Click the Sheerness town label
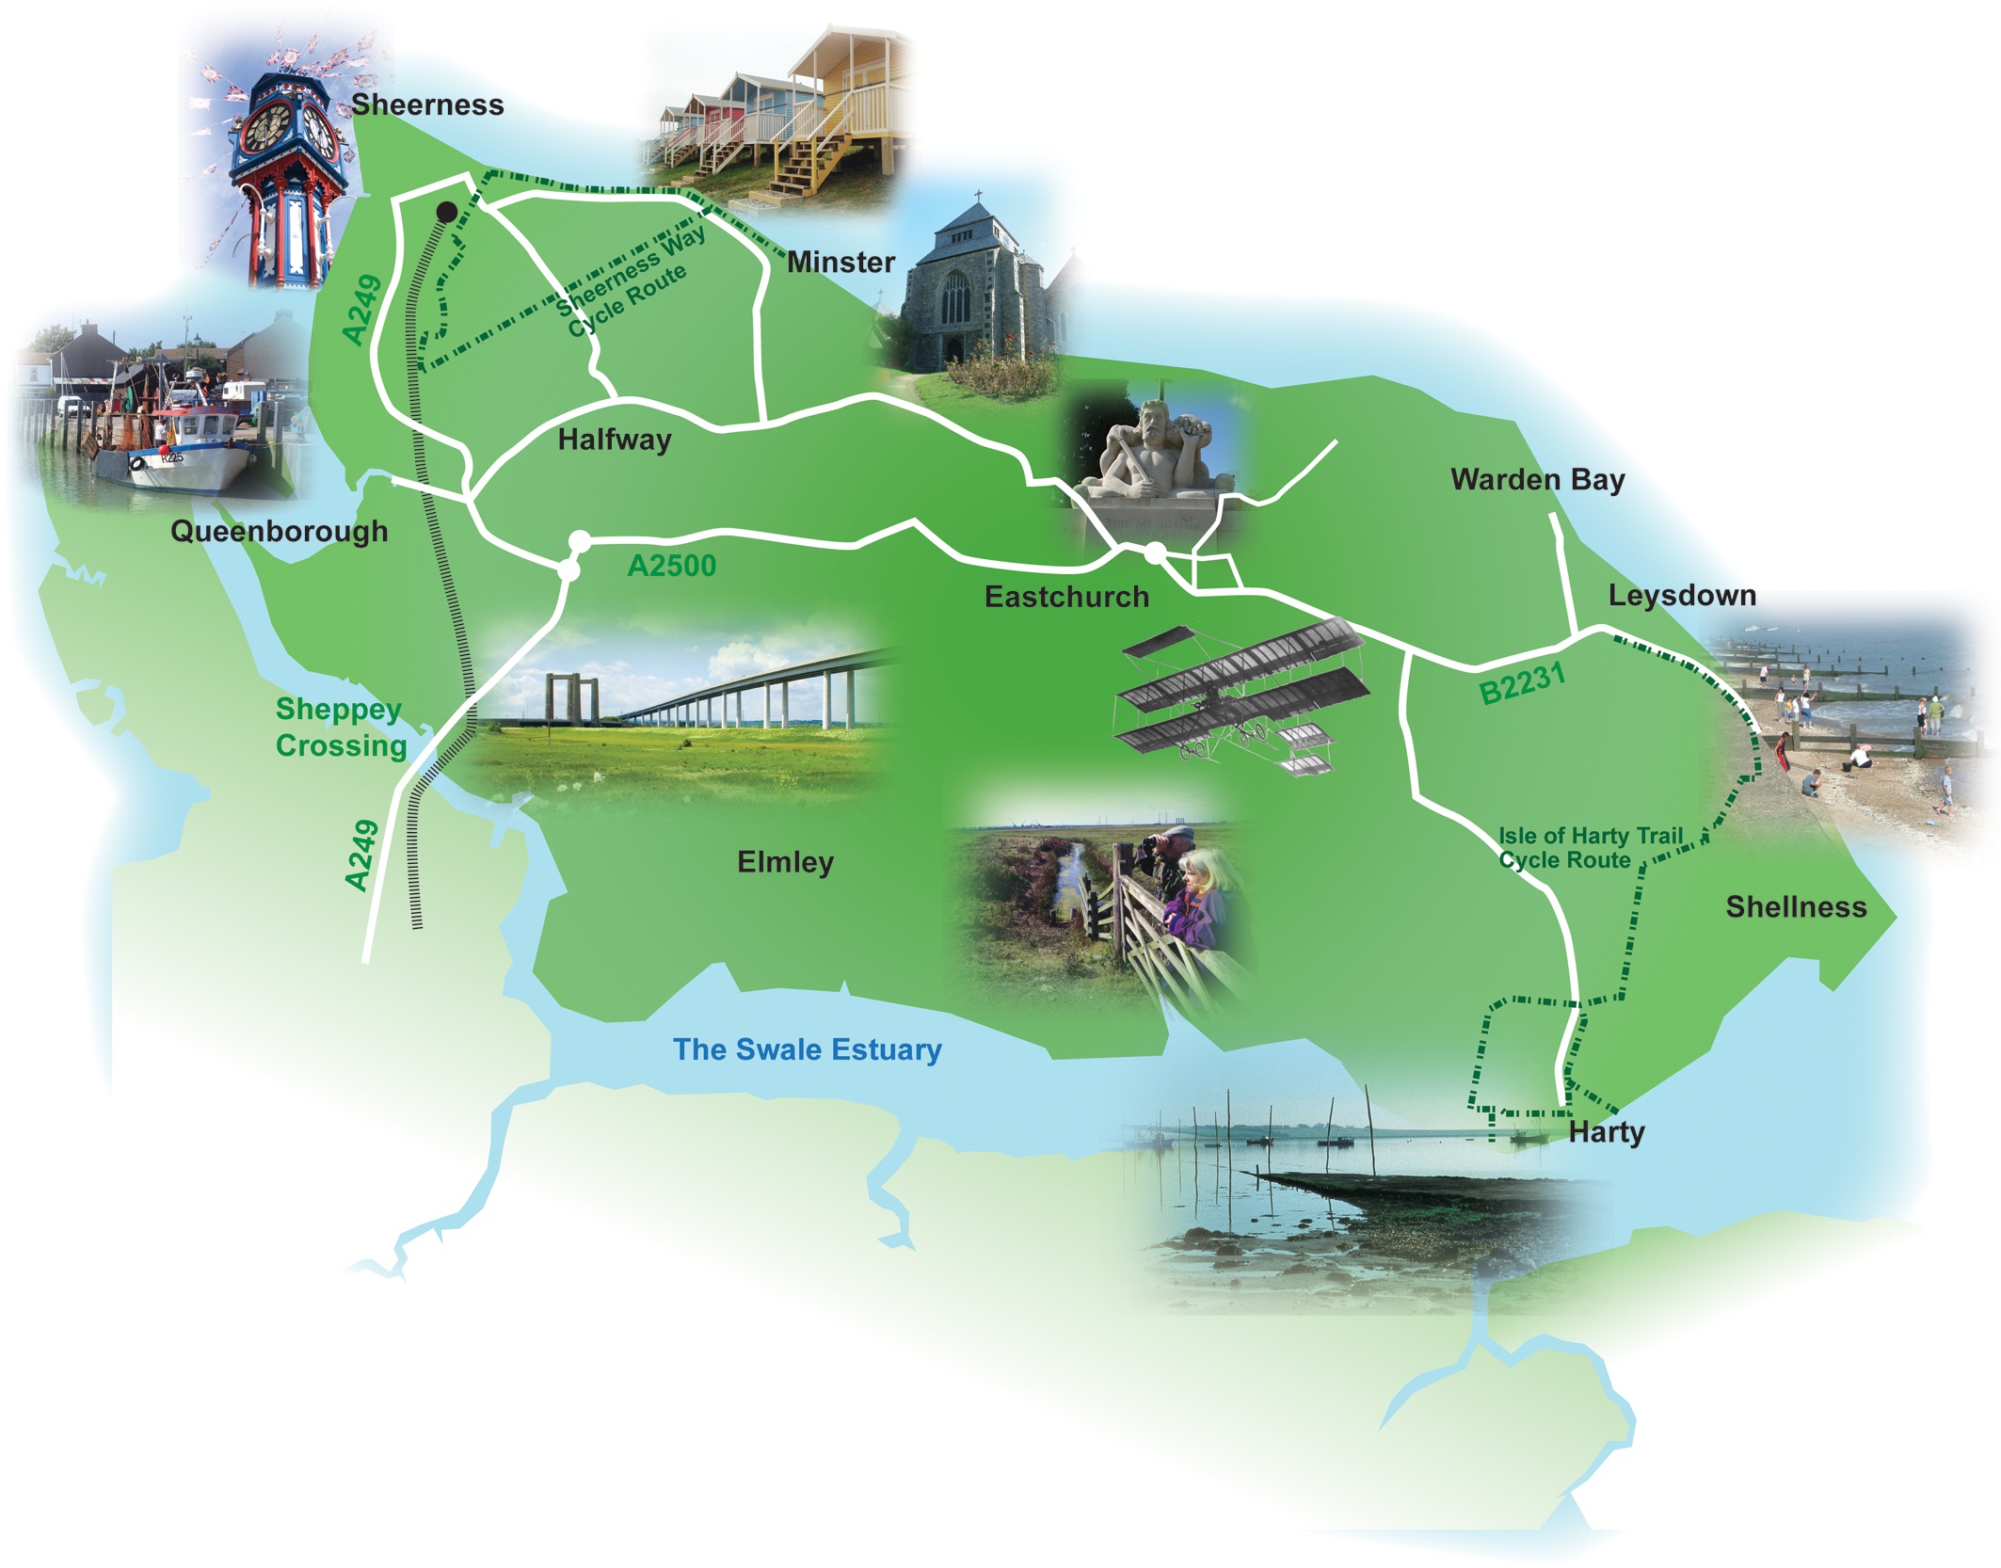pyautogui.click(x=427, y=104)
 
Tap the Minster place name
pyautogui.click(x=840, y=262)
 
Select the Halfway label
pyautogui.click(x=615, y=440)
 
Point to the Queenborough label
pyautogui.click(x=279, y=531)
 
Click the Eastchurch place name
pyautogui.click(x=1066, y=597)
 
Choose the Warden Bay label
pyautogui.click(x=1538, y=480)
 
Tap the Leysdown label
pyautogui.click(x=1682, y=596)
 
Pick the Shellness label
pyautogui.click(x=1796, y=907)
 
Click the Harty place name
pyautogui.click(x=1607, y=1132)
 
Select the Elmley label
pyautogui.click(x=785, y=862)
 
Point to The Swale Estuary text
pyautogui.click(x=807, y=1049)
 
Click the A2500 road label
pyautogui.click(x=671, y=566)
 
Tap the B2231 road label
pyautogui.click(x=1522, y=682)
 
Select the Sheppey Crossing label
pyautogui.click(x=341, y=728)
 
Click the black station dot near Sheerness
pyautogui.click(x=447, y=213)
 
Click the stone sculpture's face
pyautogui.click(x=1154, y=421)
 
